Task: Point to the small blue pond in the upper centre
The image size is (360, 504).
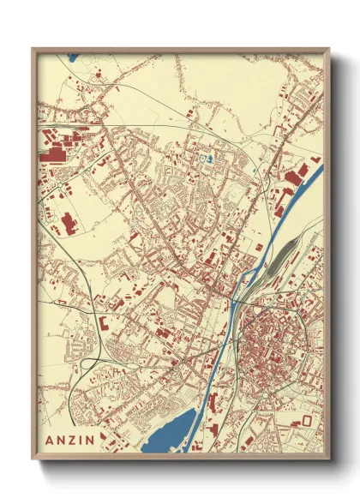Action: pyautogui.click(x=204, y=159)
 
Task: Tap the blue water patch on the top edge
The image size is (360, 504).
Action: pyautogui.click(x=71, y=59)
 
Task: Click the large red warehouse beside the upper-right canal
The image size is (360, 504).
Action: pyautogui.click(x=291, y=177)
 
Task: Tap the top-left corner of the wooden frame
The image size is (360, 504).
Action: pyautogui.click(x=33, y=49)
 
